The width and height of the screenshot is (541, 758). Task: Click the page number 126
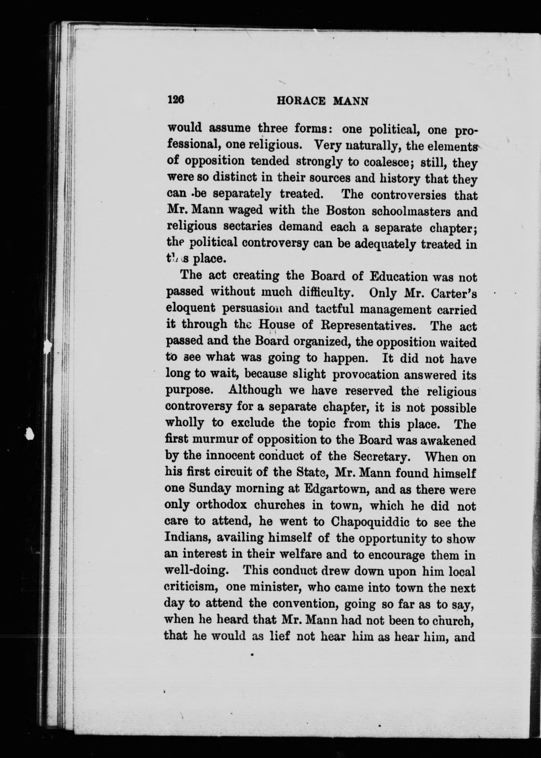[176, 100]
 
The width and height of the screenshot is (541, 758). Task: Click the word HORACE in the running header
[301, 101]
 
